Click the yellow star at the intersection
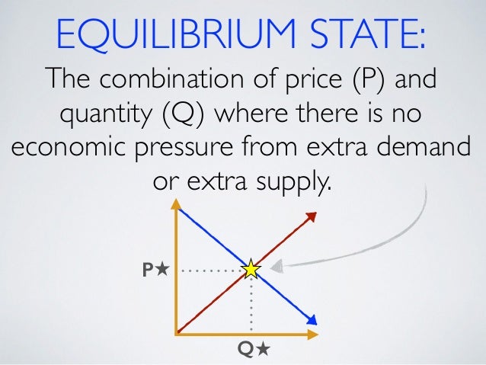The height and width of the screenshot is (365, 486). pyautogui.click(x=251, y=269)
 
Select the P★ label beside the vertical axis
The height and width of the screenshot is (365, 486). pyautogui.click(x=155, y=269)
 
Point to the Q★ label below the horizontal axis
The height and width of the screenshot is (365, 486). pyautogui.click(x=253, y=349)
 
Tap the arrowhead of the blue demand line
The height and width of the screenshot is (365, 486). pyautogui.click(x=312, y=320)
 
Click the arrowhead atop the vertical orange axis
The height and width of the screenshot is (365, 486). pyautogui.click(x=177, y=205)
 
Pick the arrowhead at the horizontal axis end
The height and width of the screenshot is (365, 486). pyautogui.click(x=312, y=334)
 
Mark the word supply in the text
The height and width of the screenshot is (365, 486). pyautogui.click(x=293, y=184)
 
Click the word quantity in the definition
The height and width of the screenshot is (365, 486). pyautogui.click(x=101, y=117)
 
